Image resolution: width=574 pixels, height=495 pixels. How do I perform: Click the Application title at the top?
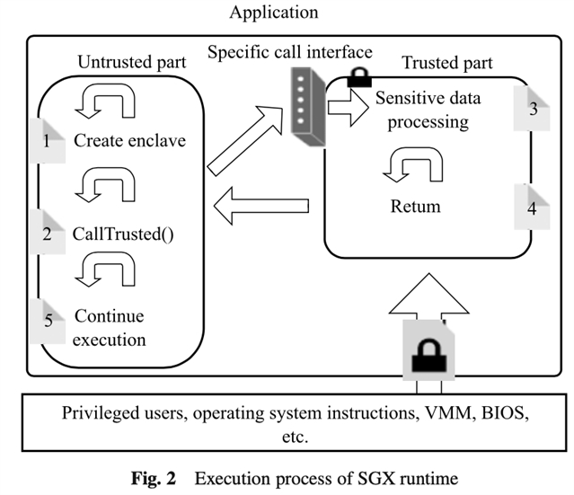point(273,13)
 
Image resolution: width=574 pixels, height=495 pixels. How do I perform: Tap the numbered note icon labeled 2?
point(49,233)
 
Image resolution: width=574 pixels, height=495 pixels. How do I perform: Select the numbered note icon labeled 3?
point(533,111)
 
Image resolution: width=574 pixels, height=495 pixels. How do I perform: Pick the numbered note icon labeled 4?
point(533,206)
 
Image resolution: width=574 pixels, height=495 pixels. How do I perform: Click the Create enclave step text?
point(129,141)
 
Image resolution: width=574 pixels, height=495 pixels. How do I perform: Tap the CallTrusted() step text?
point(122,234)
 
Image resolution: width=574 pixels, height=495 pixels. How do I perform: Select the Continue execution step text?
point(110,328)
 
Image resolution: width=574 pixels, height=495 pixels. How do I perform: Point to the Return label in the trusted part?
point(416,207)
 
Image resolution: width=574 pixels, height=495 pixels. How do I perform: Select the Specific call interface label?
point(289,50)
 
